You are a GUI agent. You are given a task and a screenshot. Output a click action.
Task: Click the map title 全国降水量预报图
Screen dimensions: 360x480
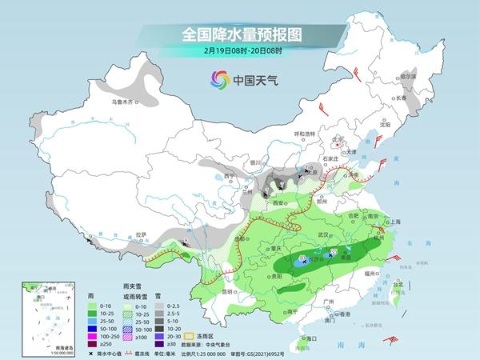[x=239, y=35]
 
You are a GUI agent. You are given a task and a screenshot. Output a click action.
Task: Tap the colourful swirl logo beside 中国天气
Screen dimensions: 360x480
[x=218, y=79]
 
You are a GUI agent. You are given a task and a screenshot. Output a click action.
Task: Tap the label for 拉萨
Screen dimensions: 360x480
[x=142, y=234]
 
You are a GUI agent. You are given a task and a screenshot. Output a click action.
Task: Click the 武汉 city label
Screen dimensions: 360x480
[x=324, y=234]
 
